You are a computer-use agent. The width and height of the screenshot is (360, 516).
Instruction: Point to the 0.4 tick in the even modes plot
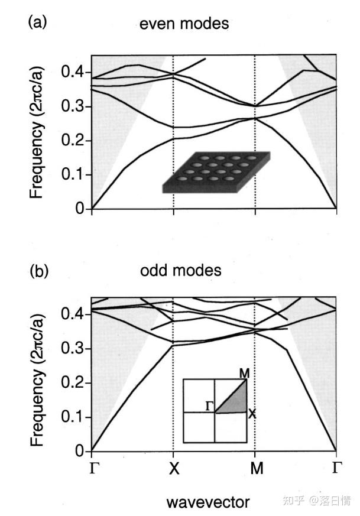(x=73, y=73)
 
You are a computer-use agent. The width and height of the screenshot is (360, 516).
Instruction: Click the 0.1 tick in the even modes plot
(x=73, y=175)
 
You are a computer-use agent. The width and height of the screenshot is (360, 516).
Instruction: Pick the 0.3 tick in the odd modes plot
(x=73, y=349)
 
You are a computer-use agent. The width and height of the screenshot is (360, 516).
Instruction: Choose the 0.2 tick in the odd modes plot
(x=73, y=384)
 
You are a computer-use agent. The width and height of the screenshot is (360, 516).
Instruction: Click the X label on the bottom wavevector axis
(x=173, y=469)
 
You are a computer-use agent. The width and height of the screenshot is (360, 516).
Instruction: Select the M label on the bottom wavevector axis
(x=255, y=469)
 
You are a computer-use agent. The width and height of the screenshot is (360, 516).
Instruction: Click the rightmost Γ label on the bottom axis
(x=336, y=469)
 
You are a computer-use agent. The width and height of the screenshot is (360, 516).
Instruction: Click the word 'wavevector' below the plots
(x=207, y=502)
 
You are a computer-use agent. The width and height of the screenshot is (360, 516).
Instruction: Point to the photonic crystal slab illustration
(x=216, y=173)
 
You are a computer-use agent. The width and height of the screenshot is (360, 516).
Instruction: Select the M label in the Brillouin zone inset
(x=244, y=374)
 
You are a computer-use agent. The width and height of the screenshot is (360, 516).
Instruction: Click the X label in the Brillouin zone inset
(x=252, y=414)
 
